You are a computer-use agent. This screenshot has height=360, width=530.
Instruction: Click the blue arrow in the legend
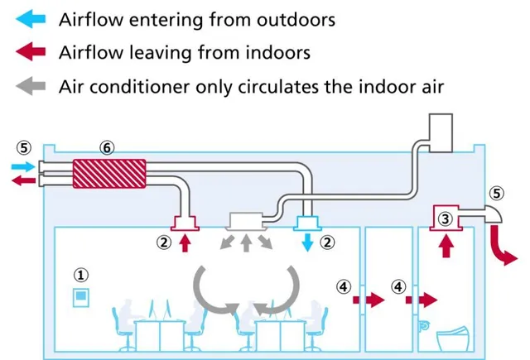pyautogui.click(x=28, y=18)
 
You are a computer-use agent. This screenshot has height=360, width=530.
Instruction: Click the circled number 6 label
pyautogui.click(x=106, y=146)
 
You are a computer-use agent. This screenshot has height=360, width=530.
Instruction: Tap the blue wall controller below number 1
pyautogui.click(x=81, y=296)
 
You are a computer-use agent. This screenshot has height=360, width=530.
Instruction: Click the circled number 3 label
pyautogui.click(x=445, y=218)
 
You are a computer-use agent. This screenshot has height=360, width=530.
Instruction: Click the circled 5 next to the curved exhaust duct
pyautogui.click(x=496, y=193)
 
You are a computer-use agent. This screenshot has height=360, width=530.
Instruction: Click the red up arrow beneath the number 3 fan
pyautogui.click(x=445, y=246)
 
